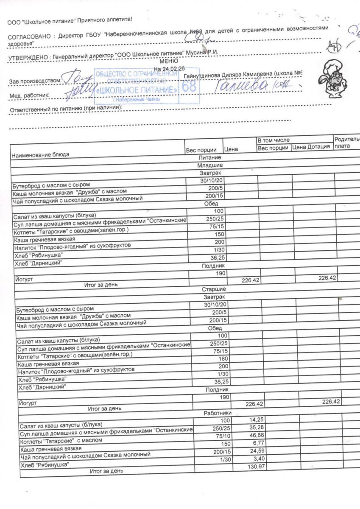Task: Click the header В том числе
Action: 273,140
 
